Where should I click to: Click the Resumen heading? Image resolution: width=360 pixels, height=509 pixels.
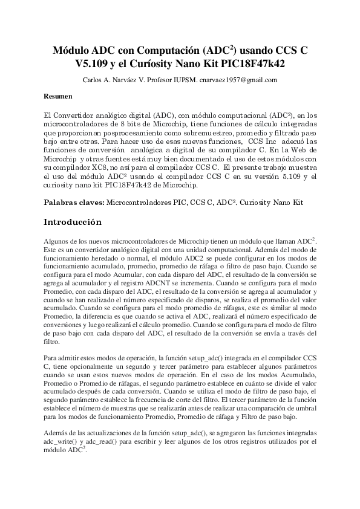pos(58,96)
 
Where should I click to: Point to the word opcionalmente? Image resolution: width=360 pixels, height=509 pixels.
pos(96,367)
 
